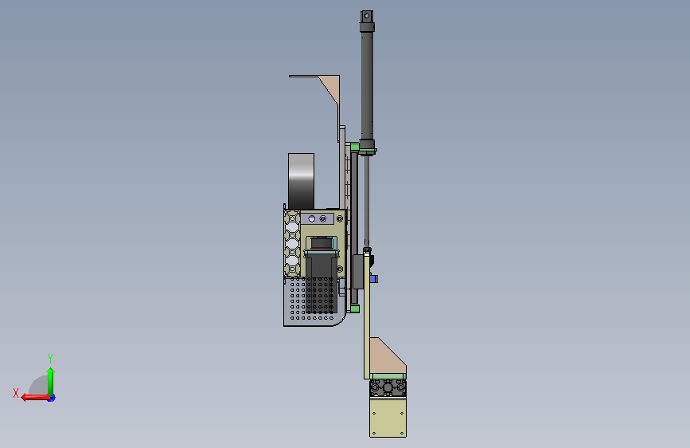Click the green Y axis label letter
(50, 358)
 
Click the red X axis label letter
(16, 393)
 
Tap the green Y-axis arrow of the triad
(51, 382)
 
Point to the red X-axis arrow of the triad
(35, 398)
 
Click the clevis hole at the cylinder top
(367, 16)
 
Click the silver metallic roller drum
(301, 181)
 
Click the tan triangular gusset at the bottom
(386, 356)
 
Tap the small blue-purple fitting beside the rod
(374, 279)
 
